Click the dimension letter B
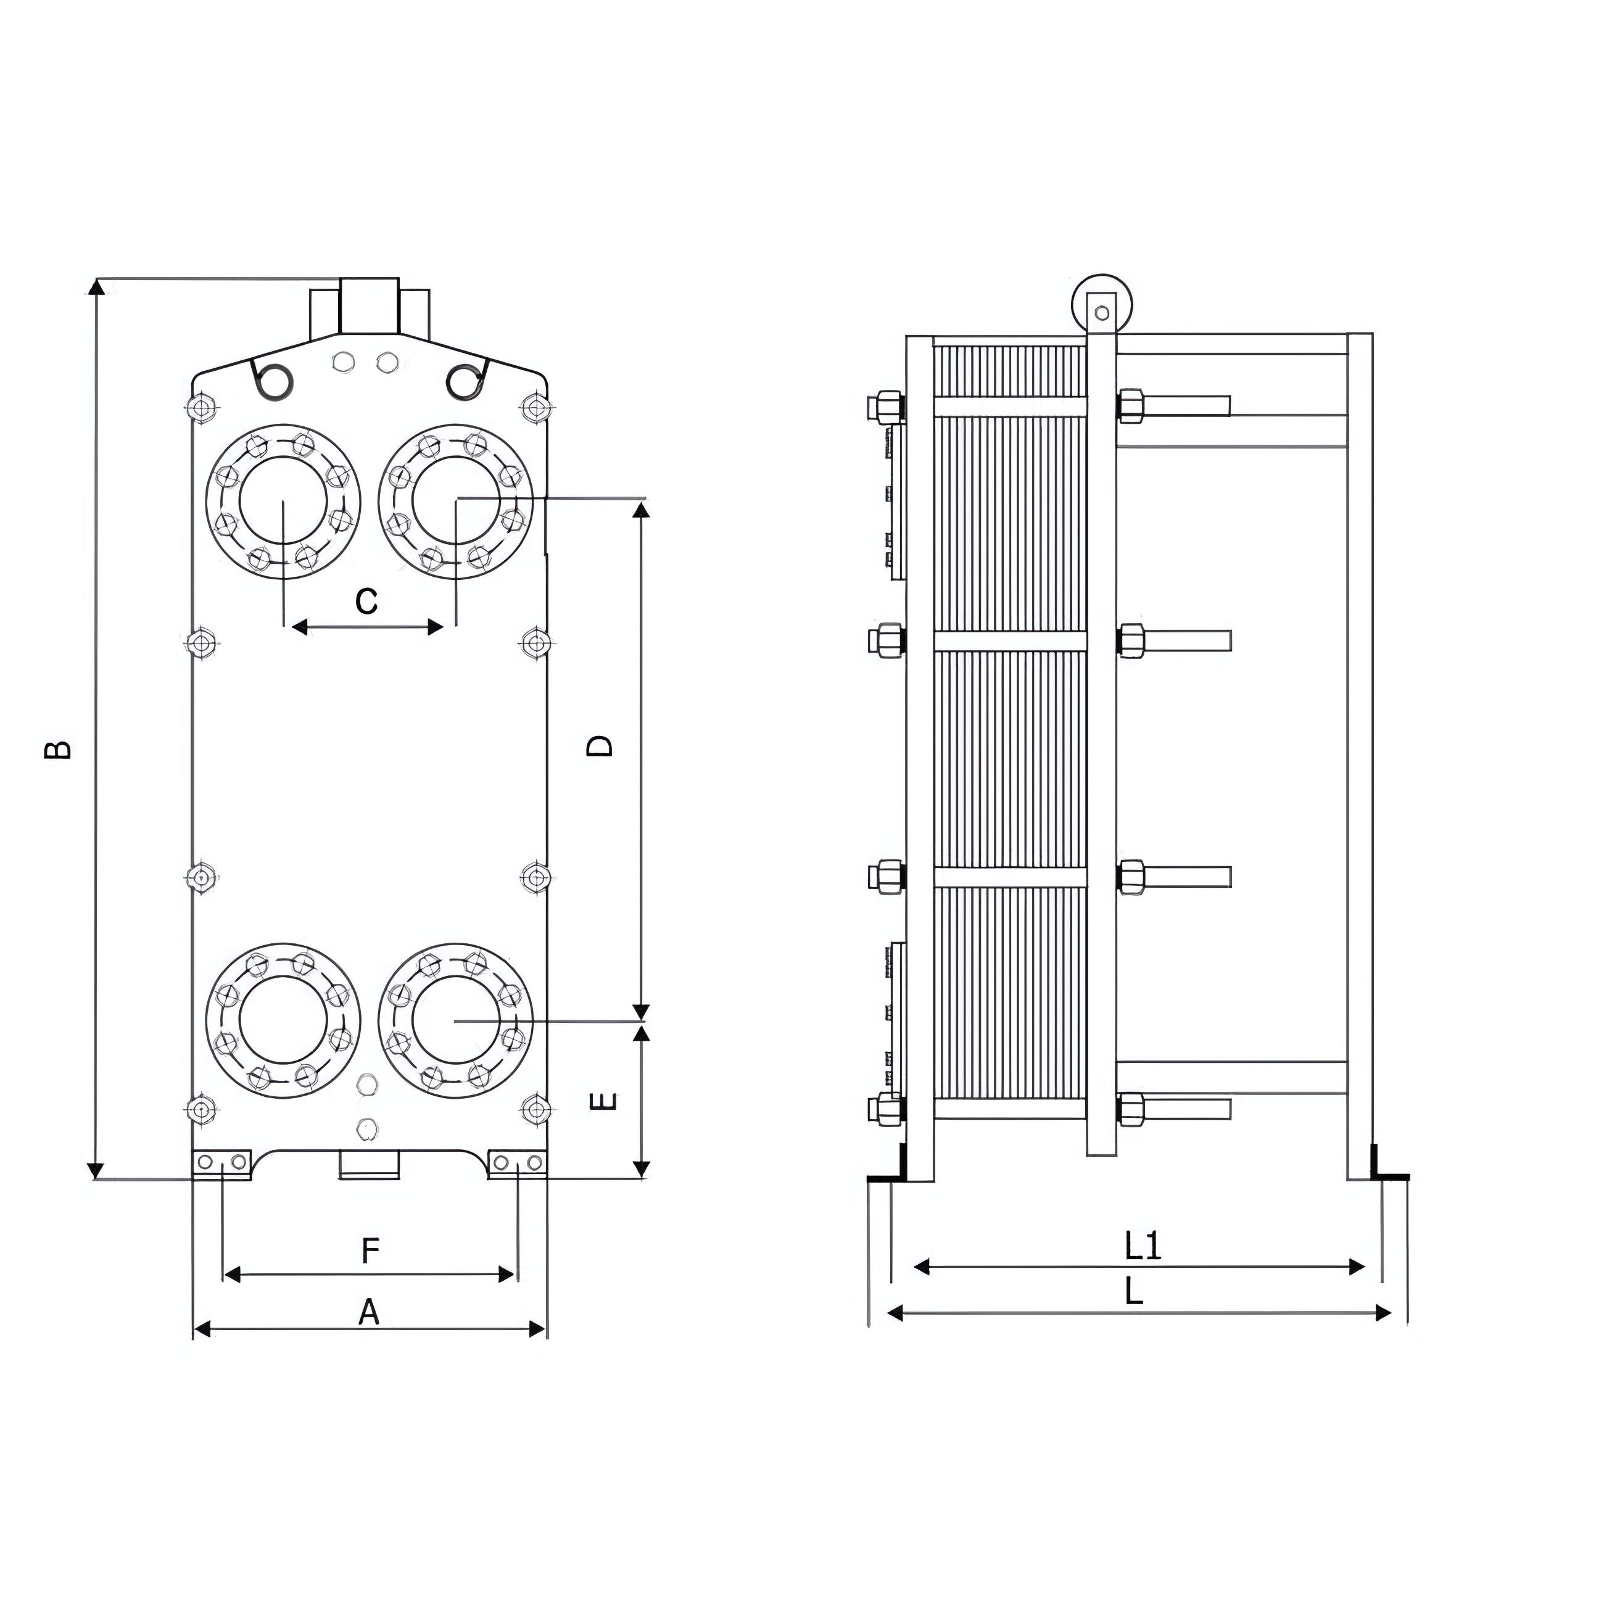[x=58, y=750]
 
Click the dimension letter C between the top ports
[x=366, y=600]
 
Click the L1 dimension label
[x=1143, y=1246]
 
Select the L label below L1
[x=1133, y=1291]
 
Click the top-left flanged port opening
[x=283, y=500]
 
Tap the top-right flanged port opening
[x=456, y=500]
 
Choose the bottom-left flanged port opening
[x=283, y=1020]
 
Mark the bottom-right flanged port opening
[x=456, y=1020]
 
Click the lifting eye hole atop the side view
[x=1102, y=313]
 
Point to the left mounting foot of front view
[x=221, y=1163]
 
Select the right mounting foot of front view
[x=517, y=1163]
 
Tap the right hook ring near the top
[x=465, y=380]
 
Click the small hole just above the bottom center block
[x=366, y=1128]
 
